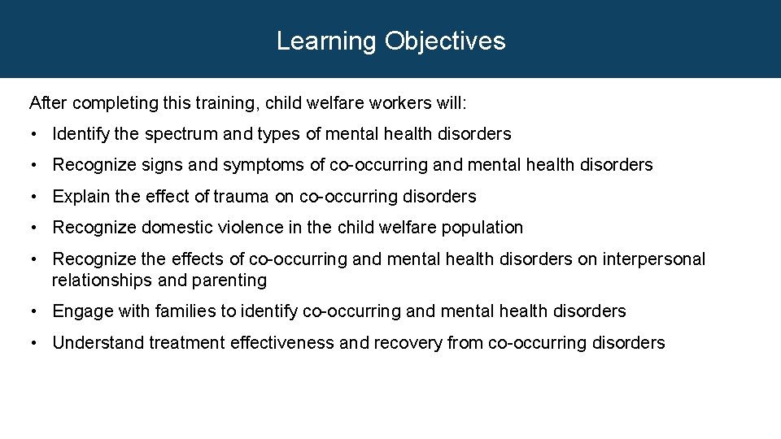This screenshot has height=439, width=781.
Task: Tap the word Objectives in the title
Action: [x=445, y=41]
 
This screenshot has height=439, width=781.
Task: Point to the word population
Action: [x=483, y=228]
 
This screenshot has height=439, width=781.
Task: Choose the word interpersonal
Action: [x=655, y=259]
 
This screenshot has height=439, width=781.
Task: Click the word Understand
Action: [x=98, y=343]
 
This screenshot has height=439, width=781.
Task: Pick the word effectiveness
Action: [x=282, y=343]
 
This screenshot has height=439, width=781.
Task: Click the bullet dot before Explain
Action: [x=34, y=197]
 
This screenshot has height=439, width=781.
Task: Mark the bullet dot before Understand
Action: [x=34, y=343]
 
